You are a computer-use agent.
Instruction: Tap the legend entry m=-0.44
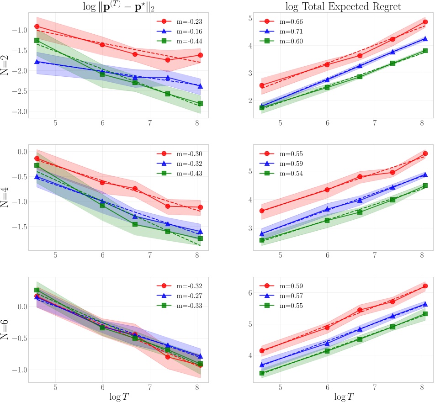coord(183,42)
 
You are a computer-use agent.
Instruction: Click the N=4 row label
coord(6,198)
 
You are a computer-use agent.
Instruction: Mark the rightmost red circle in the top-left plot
coord(200,55)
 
